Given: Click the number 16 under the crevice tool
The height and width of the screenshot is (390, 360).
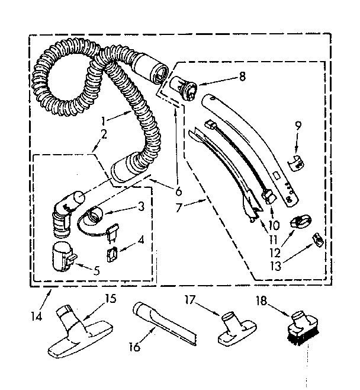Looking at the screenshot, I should point(135,347).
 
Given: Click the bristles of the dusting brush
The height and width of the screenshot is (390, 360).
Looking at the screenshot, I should point(296,336).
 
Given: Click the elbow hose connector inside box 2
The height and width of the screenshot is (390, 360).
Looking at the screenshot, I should point(64,211).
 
